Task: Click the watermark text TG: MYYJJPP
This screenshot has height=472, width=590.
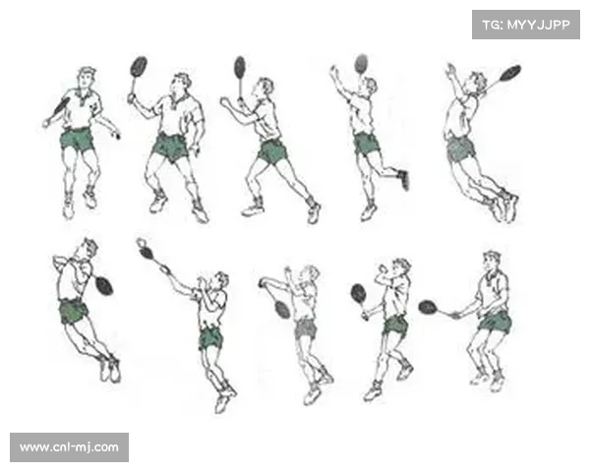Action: click(x=526, y=25)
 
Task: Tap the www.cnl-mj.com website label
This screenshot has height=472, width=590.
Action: click(x=69, y=447)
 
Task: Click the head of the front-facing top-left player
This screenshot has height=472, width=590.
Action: click(x=86, y=78)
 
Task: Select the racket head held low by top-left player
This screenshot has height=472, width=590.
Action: click(x=61, y=106)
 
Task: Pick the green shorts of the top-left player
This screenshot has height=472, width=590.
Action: click(x=77, y=140)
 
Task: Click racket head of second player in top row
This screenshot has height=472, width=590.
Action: click(x=139, y=66)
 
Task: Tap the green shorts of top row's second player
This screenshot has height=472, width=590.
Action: click(x=170, y=147)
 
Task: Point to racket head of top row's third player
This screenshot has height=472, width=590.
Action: click(x=240, y=68)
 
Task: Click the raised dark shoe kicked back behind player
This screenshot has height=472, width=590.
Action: click(x=404, y=180)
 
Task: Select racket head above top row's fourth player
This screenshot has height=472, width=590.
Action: click(x=361, y=64)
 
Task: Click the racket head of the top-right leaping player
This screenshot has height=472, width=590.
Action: click(x=511, y=72)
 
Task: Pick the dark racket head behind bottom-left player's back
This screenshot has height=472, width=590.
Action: click(x=104, y=286)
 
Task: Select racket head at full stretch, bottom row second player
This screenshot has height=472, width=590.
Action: click(x=146, y=252)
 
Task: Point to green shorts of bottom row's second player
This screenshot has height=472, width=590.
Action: click(x=210, y=337)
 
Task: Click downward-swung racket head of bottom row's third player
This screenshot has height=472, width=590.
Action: click(x=282, y=309)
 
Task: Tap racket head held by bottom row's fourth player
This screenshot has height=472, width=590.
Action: click(x=359, y=293)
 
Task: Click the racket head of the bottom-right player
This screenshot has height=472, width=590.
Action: click(x=428, y=307)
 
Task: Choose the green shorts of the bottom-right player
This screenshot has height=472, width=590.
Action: click(x=496, y=323)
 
